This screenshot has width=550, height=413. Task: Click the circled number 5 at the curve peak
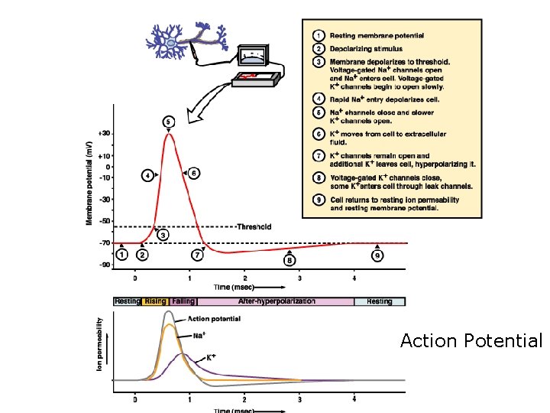coord(168,121)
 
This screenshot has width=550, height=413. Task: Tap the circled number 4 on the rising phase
coord(147,175)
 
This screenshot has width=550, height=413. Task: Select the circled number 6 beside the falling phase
coord(194,174)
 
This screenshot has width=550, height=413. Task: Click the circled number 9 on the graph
coord(377,256)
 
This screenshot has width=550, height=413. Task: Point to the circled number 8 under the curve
coord(289,260)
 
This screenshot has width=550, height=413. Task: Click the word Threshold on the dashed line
coord(254,226)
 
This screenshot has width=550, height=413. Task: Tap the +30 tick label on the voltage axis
coord(104,133)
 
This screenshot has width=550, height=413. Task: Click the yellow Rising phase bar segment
coord(155,301)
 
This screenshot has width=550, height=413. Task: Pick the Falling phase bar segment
coord(183,301)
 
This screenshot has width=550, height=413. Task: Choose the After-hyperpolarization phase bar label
coord(277,301)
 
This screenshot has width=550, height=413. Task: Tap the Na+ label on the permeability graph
coord(199,335)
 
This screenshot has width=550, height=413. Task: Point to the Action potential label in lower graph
coord(214,319)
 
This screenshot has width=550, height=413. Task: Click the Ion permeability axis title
coord(100,345)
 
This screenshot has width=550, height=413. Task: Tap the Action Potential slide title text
coord(471,340)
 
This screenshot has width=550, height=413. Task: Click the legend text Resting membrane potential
coord(377,35)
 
